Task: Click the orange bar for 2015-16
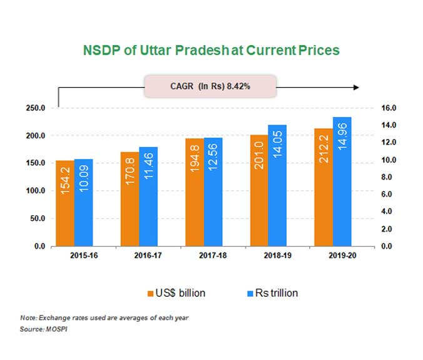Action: pyautogui.click(x=64, y=203)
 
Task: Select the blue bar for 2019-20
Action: pyautogui.click(x=342, y=182)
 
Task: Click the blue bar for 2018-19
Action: pyautogui.click(x=277, y=185)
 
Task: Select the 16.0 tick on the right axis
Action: pyautogui.click(x=390, y=108)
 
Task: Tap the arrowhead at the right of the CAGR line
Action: pyautogui.click(x=355, y=87)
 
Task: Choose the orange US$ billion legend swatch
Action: pyautogui.click(x=150, y=293)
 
